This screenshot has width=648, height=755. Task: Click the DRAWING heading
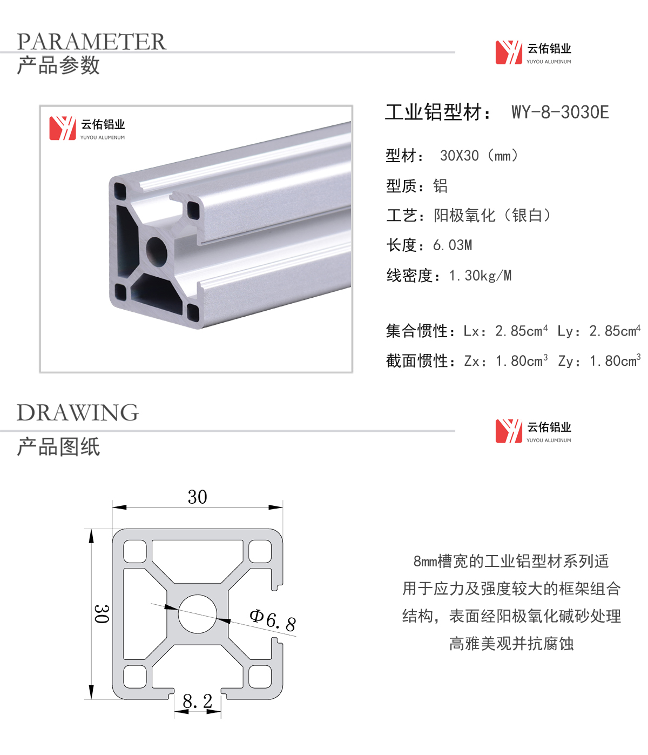click(x=78, y=412)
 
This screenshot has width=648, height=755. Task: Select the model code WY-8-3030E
click(x=560, y=112)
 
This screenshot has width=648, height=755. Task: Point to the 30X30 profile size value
click(x=459, y=156)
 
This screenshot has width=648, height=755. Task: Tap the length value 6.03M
click(x=453, y=245)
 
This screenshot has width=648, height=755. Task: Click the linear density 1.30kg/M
click(x=480, y=276)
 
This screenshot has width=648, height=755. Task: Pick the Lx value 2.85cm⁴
click(x=521, y=331)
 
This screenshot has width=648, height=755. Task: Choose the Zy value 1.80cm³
click(x=615, y=360)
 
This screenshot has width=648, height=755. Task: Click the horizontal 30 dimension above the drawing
click(x=198, y=497)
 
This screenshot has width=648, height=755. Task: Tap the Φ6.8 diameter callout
click(x=273, y=620)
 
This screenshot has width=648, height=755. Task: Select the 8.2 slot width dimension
click(x=198, y=701)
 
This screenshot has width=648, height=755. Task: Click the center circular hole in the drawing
click(x=198, y=614)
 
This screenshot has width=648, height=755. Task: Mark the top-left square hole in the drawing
click(x=135, y=552)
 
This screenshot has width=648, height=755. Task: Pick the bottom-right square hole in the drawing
click(x=260, y=677)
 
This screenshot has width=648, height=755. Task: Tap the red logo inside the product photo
click(x=63, y=128)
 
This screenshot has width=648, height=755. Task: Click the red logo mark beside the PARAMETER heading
click(x=509, y=52)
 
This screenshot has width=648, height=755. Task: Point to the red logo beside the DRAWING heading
click(x=509, y=431)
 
